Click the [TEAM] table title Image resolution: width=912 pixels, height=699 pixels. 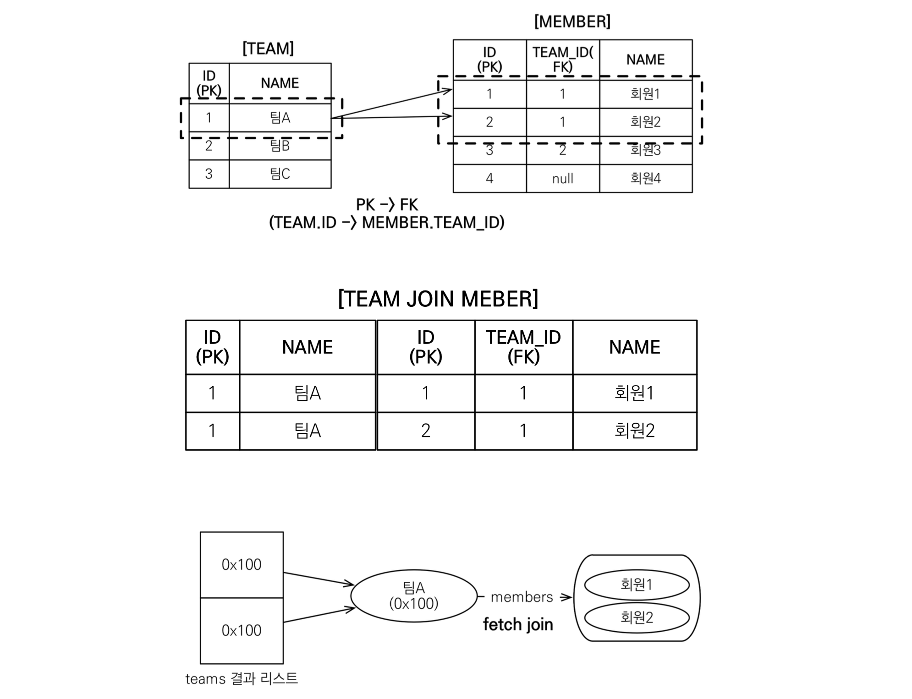pyautogui.click(x=268, y=49)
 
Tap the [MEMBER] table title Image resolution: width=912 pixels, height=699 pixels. pyautogui.click(x=572, y=22)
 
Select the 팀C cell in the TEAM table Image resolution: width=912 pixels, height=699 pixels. pyautogui.click(x=280, y=174)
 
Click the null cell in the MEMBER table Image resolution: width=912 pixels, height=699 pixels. pyautogui.click(x=562, y=179)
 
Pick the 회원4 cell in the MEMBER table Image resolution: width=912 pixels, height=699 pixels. pyautogui.click(x=645, y=178)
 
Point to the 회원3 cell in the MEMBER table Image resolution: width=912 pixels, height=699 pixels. pyautogui.click(x=645, y=150)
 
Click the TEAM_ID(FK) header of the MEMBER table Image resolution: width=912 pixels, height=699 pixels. pyautogui.click(x=562, y=59)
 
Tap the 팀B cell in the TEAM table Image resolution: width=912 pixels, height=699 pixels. pyautogui.click(x=280, y=146)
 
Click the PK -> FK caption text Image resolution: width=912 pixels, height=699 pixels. pyautogui.click(x=386, y=213)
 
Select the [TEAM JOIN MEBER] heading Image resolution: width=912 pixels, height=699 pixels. pyautogui.click(x=438, y=299)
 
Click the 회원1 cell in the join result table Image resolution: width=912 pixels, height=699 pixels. pyautogui.click(x=634, y=393)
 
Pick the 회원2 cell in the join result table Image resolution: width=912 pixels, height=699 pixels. pyautogui.click(x=634, y=431)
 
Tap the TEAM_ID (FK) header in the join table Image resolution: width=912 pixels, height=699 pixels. pyautogui.click(x=523, y=347)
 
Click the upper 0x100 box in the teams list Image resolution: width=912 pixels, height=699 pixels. pyautogui.click(x=242, y=564)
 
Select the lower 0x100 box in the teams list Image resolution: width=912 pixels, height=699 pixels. pyautogui.click(x=242, y=630)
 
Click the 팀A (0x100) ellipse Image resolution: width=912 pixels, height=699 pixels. pyautogui.click(x=414, y=595)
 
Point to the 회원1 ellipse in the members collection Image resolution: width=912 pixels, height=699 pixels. pyautogui.click(x=637, y=584)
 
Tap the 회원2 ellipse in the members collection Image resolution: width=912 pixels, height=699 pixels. pyautogui.click(x=637, y=617)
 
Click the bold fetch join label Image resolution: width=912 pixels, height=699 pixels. pyautogui.click(x=518, y=624)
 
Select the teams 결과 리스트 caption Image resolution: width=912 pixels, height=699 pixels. pyautogui.click(x=242, y=678)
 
